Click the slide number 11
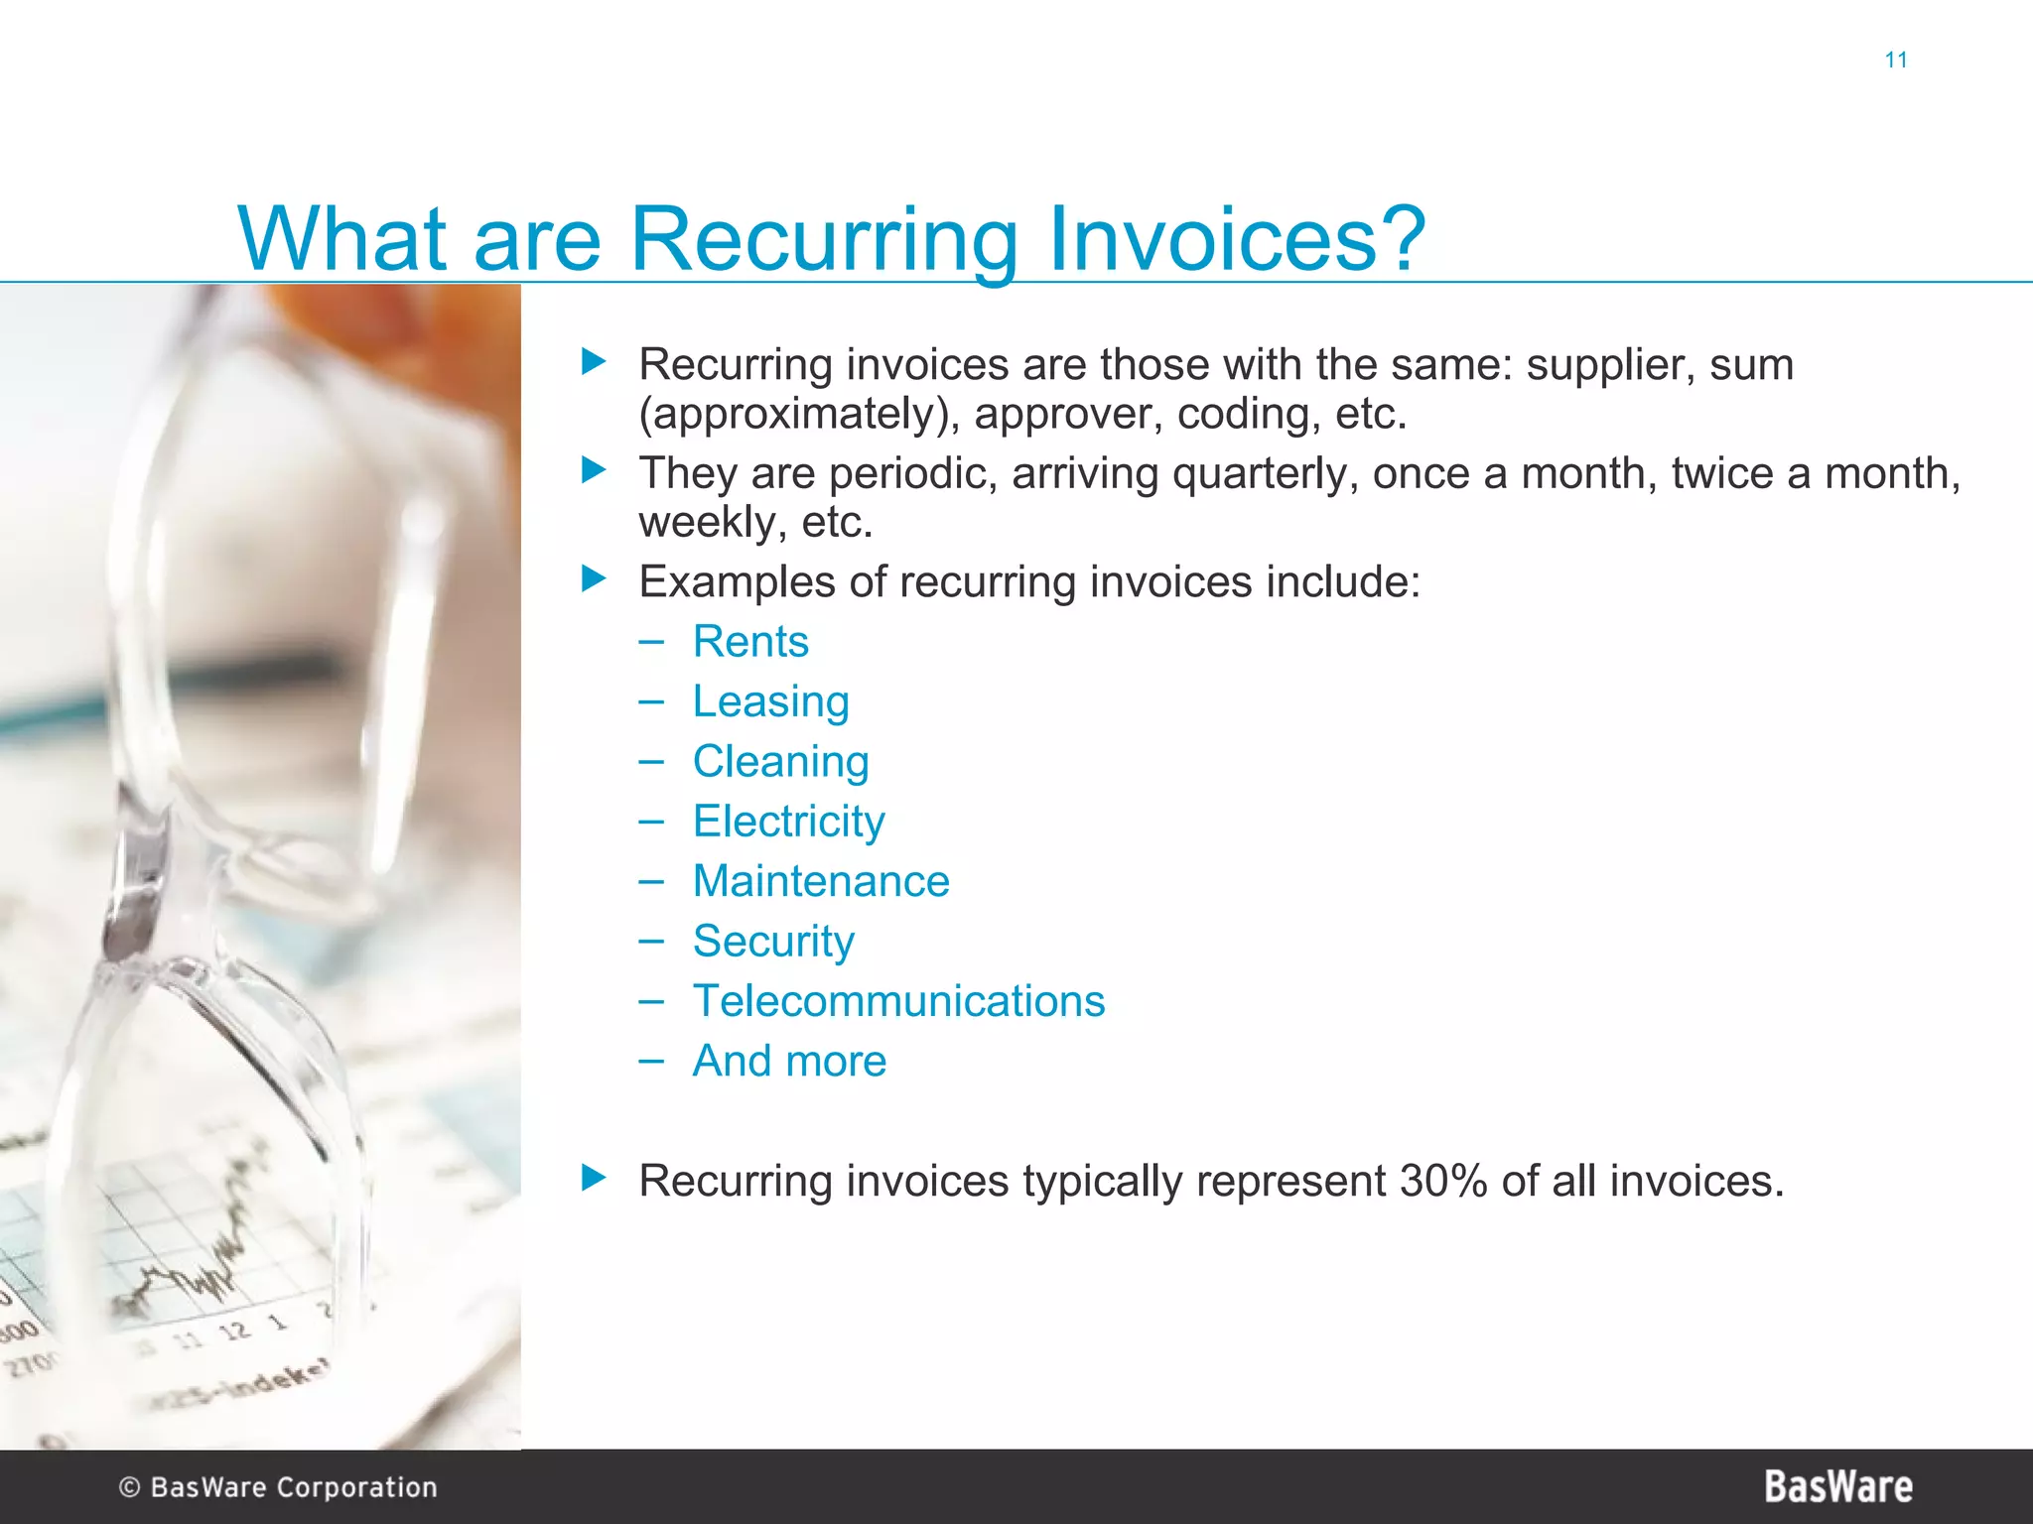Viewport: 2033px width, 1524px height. click(1895, 61)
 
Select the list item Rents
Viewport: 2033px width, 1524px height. click(750, 642)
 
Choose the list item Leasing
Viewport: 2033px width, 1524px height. click(770, 702)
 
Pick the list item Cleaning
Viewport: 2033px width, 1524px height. click(780, 762)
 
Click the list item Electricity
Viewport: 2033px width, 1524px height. click(788, 822)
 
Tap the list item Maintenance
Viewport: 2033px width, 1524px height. click(820, 881)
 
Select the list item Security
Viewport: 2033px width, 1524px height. click(772, 942)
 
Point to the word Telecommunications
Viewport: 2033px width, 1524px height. click(898, 1001)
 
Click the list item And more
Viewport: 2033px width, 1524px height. click(788, 1061)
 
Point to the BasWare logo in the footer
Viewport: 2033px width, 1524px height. click(1837, 1486)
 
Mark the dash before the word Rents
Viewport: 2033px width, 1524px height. click(651, 642)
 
